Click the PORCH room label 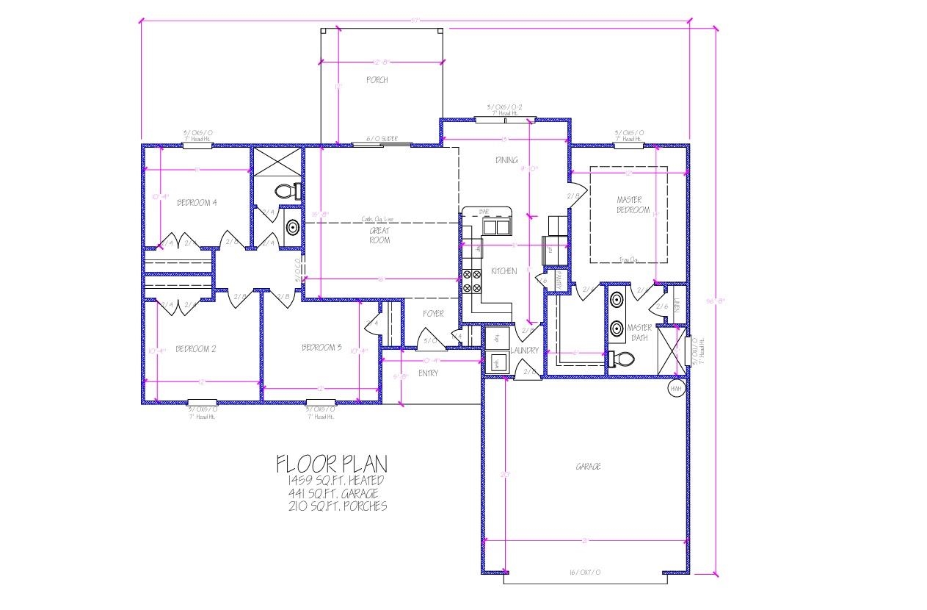click(x=377, y=80)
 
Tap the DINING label click(x=506, y=160)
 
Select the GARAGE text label click(x=589, y=466)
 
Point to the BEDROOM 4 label click(x=197, y=203)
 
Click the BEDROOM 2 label click(x=195, y=349)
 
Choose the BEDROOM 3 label click(x=322, y=348)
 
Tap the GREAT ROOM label click(x=379, y=235)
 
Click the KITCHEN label click(x=504, y=271)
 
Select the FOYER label click(x=434, y=314)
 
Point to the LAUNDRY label click(x=526, y=351)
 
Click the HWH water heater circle click(x=675, y=388)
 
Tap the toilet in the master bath click(x=620, y=359)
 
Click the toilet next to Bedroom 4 click(x=286, y=193)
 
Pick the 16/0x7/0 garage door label click(x=585, y=572)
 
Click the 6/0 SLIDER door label click(x=382, y=139)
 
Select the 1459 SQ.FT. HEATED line click(x=335, y=480)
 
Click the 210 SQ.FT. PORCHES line click(x=338, y=506)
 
